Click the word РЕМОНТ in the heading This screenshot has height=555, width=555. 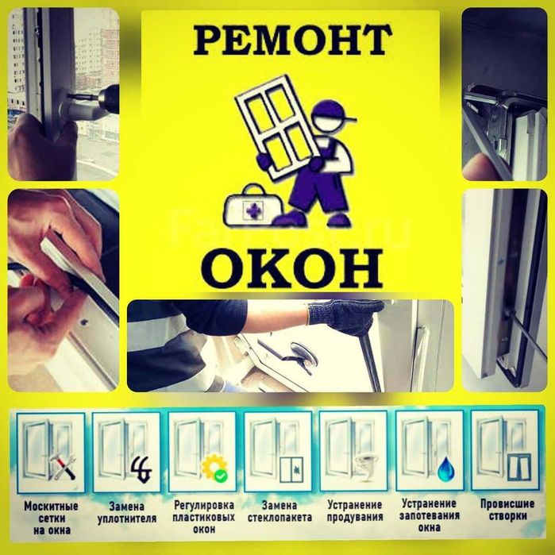point(292,40)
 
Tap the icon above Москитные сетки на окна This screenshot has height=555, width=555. point(49,452)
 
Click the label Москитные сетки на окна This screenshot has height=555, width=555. point(50,518)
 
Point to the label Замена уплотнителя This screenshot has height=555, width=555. point(125,511)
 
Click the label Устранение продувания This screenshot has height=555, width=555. point(353,511)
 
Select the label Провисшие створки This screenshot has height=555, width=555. point(504,511)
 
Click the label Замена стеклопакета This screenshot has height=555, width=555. point(277,511)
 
